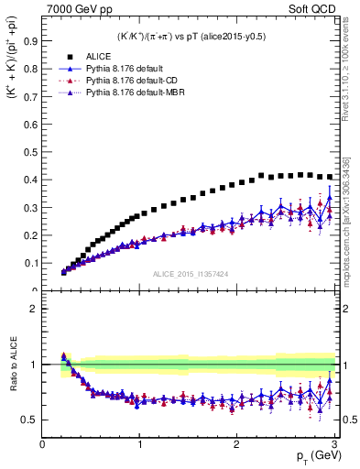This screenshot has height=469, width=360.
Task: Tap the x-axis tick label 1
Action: click(x=139, y=444)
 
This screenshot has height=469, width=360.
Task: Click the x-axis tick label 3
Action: click(x=333, y=444)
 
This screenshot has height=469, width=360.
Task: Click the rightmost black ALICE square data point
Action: click(x=330, y=177)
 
